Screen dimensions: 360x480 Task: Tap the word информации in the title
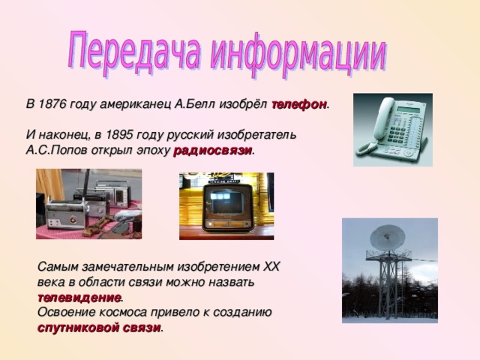(300, 53)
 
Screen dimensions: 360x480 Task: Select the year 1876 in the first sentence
(53, 105)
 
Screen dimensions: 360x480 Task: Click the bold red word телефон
(298, 105)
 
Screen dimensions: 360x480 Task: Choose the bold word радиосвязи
(213, 150)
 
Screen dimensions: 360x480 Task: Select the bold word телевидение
(79, 298)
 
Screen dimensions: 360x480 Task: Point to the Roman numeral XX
(271, 267)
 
